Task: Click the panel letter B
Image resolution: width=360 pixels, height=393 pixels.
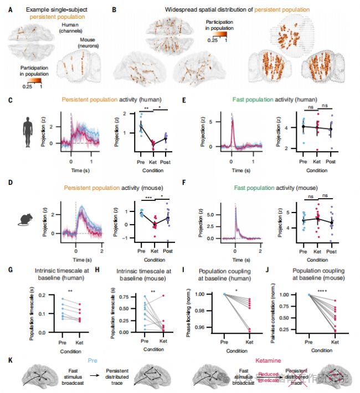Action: (114, 9)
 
